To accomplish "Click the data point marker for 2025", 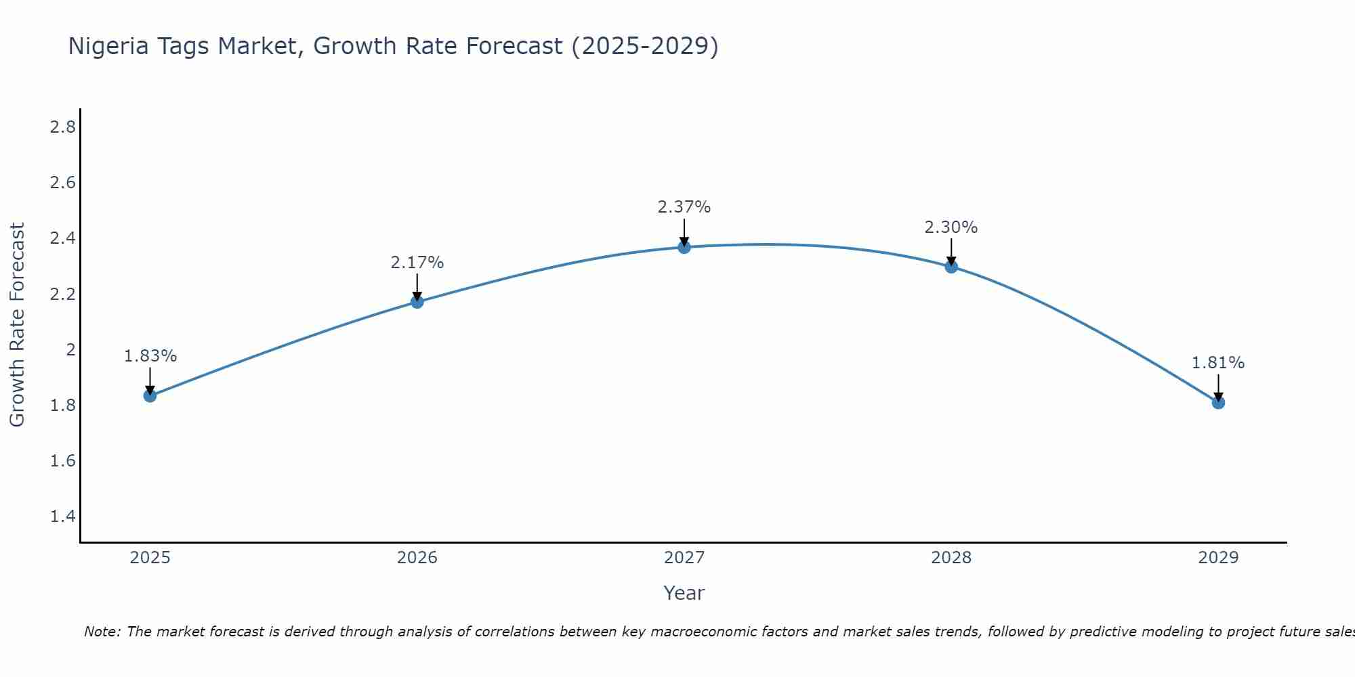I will coord(150,395).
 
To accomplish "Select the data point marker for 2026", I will coord(417,301).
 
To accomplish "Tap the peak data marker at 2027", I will coord(684,247).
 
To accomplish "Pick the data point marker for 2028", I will coord(951,267).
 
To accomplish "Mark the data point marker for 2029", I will coord(1218,403).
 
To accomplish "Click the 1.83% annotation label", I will coord(150,356).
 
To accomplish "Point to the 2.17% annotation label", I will coord(417,263).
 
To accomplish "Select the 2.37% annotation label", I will coord(684,207).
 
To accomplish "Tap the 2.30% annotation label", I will coord(951,227).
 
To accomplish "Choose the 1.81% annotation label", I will coord(1218,363).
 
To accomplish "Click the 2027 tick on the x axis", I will coord(684,558).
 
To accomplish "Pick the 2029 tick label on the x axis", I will coord(1218,558).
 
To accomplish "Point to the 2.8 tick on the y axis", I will coord(63,127).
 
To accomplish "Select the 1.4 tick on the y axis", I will coord(63,517).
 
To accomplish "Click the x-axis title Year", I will coord(684,593).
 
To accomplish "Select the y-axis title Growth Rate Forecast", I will coord(18,325).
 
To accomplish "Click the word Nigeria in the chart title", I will coord(108,47).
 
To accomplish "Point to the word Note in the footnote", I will coord(102,632).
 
